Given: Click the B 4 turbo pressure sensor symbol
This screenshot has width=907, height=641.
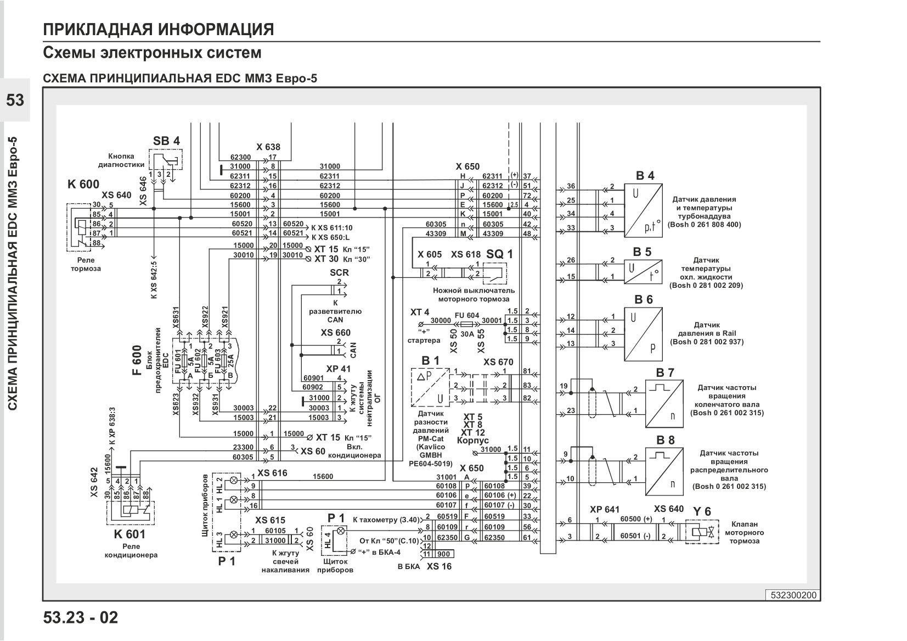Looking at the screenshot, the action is click(x=643, y=210).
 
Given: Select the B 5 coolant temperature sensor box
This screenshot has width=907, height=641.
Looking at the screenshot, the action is click(x=643, y=272).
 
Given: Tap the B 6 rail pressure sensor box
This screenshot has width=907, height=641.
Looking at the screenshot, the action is click(x=643, y=334).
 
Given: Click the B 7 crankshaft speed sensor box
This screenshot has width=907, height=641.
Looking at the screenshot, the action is click(x=664, y=403).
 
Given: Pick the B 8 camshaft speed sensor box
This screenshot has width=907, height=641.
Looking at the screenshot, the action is click(x=664, y=471).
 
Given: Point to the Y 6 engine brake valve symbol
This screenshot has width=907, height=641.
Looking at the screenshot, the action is click(x=702, y=532).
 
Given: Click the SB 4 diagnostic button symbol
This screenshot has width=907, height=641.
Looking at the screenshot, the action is click(x=165, y=159).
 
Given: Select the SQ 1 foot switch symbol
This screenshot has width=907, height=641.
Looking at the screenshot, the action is click(x=494, y=274).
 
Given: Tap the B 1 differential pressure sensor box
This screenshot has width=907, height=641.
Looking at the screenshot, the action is click(x=430, y=387).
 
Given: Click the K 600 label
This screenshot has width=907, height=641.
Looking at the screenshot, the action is click(x=83, y=184).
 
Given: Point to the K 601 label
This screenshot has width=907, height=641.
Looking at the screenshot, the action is click(x=129, y=534).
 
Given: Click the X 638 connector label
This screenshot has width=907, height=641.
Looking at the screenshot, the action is click(x=268, y=147).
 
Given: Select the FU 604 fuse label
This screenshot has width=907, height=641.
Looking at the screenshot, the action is click(x=467, y=315).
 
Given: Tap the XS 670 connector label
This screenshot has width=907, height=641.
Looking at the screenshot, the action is click(x=498, y=362).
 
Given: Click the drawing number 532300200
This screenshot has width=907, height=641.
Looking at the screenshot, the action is click(x=793, y=595).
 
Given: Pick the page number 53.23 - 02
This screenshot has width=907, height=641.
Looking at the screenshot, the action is click(x=81, y=617).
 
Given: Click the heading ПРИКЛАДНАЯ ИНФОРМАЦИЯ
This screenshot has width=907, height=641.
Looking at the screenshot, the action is click(x=159, y=30).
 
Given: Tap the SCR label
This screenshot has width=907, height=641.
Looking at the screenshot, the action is click(x=339, y=272).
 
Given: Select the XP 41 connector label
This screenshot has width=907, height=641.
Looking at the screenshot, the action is click(x=338, y=369).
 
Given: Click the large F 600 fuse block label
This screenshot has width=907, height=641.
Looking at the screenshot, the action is click(x=137, y=360).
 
